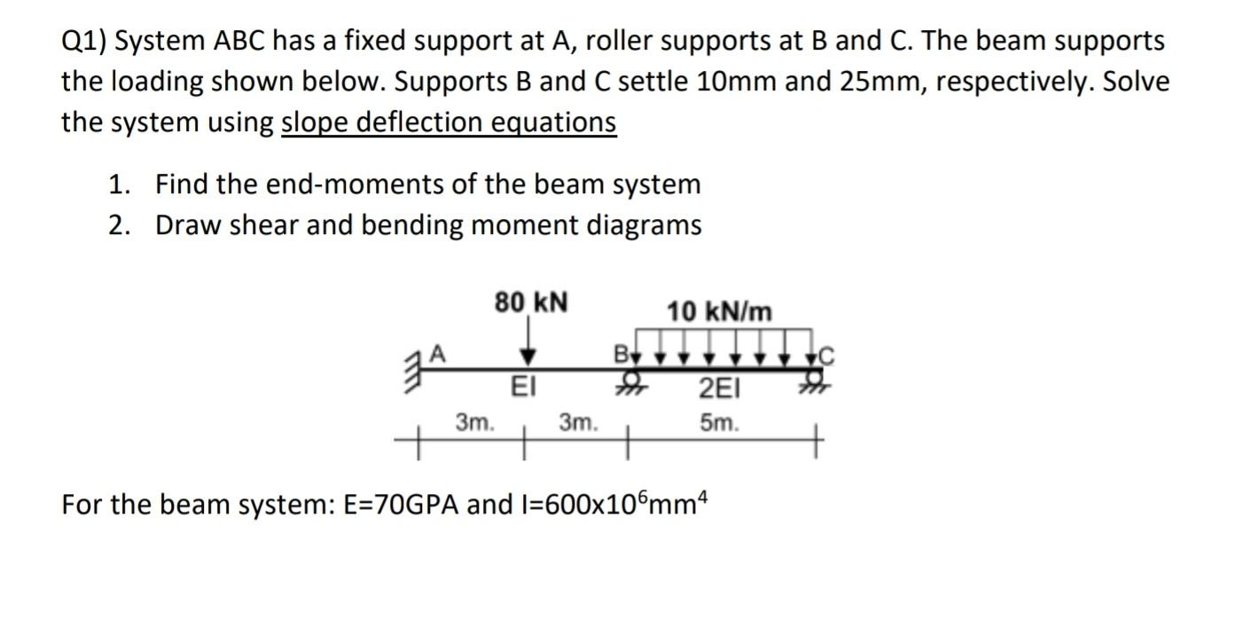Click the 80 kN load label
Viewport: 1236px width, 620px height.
pos(532,303)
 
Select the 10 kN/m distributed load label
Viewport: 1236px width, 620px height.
pos(719,311)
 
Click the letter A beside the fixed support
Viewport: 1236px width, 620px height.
pos(436,352)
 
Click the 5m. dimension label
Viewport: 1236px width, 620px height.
pos(718,424)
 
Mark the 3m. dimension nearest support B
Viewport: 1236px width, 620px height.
pos(579,424)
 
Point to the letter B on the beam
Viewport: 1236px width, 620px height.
pos(622,354)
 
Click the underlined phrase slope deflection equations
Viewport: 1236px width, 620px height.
pos(449,122)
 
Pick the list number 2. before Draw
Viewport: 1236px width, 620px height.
pos(119,225)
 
